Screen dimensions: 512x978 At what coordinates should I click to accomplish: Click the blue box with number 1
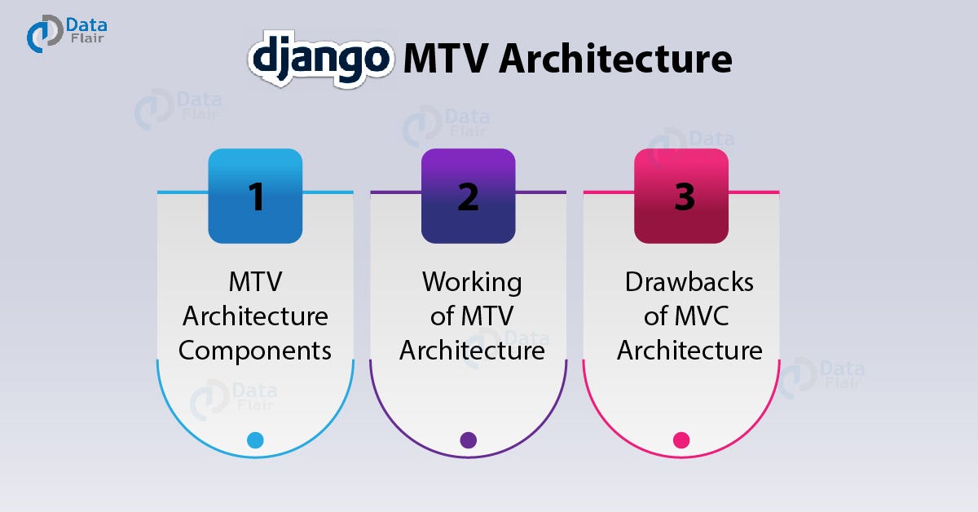tap(255, 196)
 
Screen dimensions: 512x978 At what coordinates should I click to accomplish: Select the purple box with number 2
tap(468, 196)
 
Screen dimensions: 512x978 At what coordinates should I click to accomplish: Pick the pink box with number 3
tap(681, 196)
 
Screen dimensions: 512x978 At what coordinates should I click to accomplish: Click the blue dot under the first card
tap(255, 440)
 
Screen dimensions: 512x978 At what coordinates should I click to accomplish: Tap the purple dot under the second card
tap(468, 440)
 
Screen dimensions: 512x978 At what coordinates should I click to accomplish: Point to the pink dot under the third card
tap(681, 440)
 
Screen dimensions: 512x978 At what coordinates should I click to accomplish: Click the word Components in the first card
tap(255, 351)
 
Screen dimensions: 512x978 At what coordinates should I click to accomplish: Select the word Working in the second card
tap(472, 282)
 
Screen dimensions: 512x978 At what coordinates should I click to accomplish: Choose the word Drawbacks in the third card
tap(689, 282)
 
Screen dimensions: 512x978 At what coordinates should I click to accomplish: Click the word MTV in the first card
tap(255, 282)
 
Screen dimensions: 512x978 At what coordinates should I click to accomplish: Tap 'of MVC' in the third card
tap(689, 316)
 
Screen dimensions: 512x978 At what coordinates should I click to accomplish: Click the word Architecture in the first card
tap(255, 316)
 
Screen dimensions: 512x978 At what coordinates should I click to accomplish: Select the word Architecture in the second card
tap(472, 351)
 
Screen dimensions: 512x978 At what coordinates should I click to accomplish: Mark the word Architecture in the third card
tap(689, 351)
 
